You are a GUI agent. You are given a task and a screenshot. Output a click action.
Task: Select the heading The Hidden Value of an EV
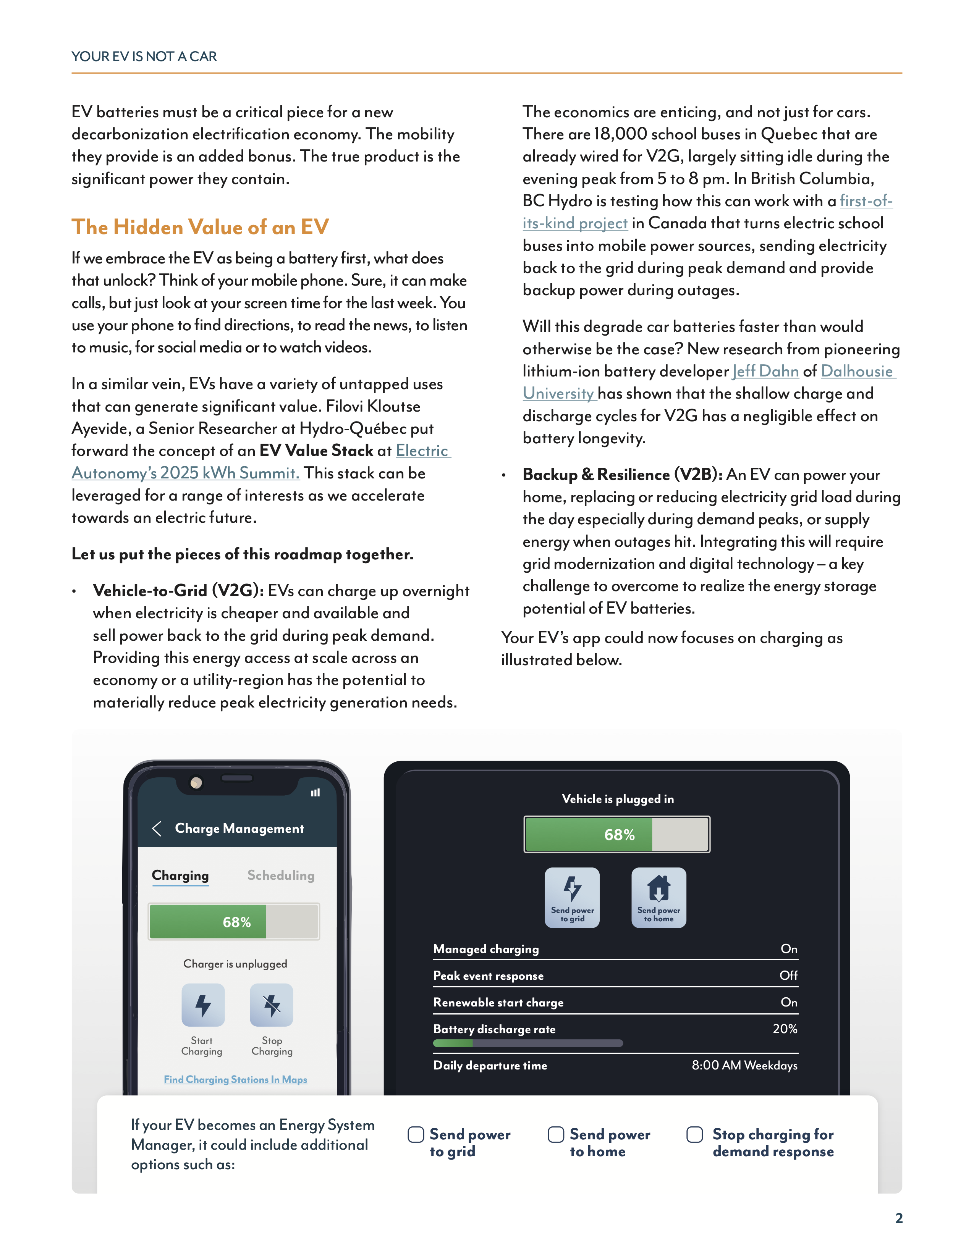pyautogui.click(x=200, y=227)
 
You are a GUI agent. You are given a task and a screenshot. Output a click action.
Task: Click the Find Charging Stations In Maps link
pyautogui.click(x=235, y=1079)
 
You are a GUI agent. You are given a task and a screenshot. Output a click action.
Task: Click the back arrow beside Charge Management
pyautogui.click(x=156, y=829)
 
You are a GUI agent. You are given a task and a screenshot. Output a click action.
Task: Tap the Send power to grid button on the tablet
pyautogui.click(x=572, y=897)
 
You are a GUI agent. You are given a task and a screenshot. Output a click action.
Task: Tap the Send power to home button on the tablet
pyautogui.click(x=659, y=897)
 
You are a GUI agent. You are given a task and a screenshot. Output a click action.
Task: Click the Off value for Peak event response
pyautogui.click(x=788, y=976)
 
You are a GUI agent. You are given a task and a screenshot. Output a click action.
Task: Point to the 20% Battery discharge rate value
pyautogui.click(x=785, y=1029)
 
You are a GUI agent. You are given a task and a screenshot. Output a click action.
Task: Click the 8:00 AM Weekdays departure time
pyautogui.click(x=744, y=1066)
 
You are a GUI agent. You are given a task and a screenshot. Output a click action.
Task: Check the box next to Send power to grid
pyautogui.click(x=416, y=1135)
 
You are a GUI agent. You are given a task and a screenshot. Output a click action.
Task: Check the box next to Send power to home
pyautogui.click(x=556, y=1135)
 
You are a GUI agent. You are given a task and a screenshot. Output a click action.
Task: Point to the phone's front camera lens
pyautogui.click(x=196, y=783)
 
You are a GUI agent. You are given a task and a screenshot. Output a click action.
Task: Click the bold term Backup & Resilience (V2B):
pyautogui.click(x=622, y=475)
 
